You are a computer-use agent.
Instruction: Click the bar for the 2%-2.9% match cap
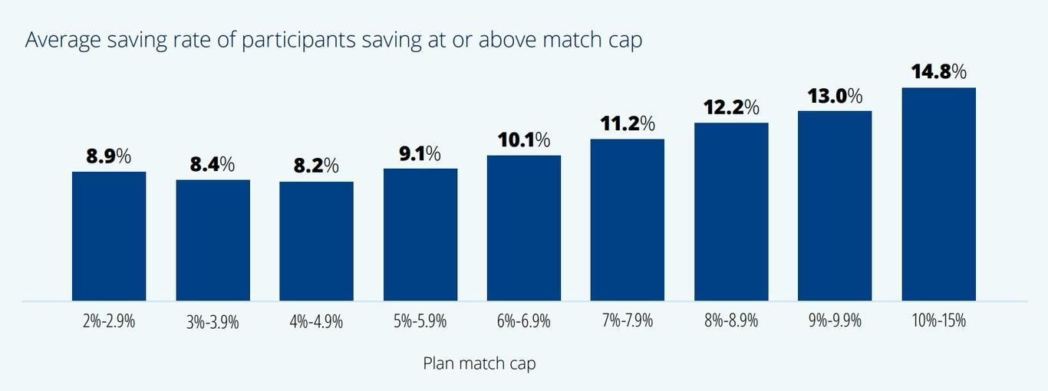click(x=109, y=236)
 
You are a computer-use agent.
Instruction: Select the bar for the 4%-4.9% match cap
click(x=316, y=241)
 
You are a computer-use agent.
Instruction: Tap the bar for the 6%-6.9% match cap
click(x=524, y=228)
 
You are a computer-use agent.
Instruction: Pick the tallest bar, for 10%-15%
click(x=938, y=194)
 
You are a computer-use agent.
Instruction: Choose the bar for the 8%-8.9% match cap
click(x=731, y=212)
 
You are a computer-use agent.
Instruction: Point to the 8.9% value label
click(x=108, y=156)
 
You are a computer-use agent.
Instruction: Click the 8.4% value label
click(x=213, y=164)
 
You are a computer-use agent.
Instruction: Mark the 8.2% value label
click(x=316, y=166)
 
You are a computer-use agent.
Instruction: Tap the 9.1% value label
click(x=420, y=153)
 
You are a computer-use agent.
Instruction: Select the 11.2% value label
click(x=627, y=123)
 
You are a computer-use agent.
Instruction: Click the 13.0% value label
click(x=834, y=96)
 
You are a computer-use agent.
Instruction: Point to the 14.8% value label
click(x=938, y=72)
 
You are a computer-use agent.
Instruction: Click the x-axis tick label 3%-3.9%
click(x=213, y=322)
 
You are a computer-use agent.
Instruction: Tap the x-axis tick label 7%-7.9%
click(x=627, y=321)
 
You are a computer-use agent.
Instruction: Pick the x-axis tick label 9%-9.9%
click(x=834, y=321)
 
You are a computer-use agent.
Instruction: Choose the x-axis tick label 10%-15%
click(x=938, y=321)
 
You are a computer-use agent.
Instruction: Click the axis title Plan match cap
click(x=480, y=363)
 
